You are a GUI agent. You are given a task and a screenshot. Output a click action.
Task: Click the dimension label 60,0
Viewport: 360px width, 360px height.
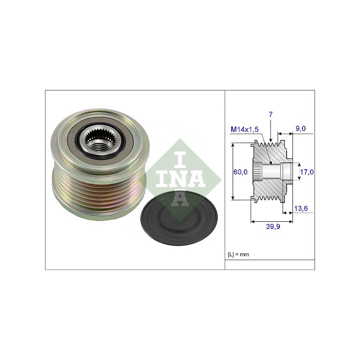[240, 172]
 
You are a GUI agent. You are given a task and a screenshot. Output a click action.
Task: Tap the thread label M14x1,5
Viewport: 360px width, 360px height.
[244, 129]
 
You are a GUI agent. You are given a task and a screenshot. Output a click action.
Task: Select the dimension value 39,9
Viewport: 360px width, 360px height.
[273, 226]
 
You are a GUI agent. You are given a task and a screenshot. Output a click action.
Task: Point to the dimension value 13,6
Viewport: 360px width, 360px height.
[301, 208]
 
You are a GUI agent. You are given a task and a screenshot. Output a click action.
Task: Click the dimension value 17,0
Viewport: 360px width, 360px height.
[307, 172]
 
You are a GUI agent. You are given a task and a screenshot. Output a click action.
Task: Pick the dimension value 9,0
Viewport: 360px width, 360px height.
[301, 129]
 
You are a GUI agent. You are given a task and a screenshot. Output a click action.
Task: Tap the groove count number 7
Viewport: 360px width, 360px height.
[271, 114]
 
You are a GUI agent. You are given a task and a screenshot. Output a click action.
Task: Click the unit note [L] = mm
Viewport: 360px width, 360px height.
[238, 254]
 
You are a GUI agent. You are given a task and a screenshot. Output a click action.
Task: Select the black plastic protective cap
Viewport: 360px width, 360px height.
[179, 218]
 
